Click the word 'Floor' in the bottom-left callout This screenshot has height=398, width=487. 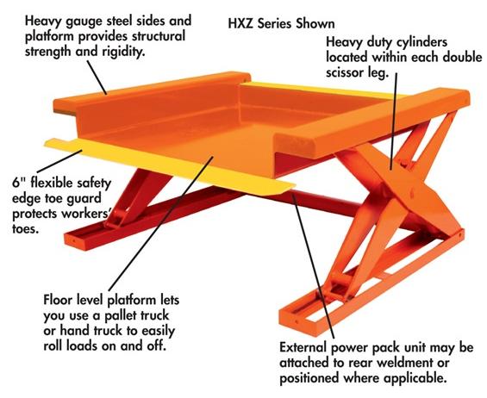click(59, 301)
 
